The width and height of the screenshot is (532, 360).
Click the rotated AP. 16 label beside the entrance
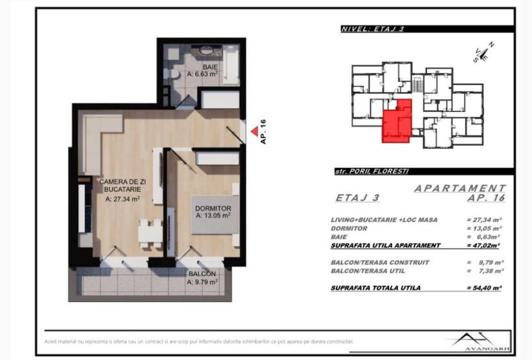coord(263,132)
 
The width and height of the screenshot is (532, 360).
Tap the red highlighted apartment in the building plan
coord(396,121)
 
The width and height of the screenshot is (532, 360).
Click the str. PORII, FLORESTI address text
coord(372,171)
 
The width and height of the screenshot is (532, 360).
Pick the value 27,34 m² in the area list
coord(484,219)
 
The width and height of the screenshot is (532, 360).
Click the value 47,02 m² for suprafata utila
coord(484,245)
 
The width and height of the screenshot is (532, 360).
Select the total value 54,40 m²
coord(484,288)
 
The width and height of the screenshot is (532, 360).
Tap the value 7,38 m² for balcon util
coord(484,271)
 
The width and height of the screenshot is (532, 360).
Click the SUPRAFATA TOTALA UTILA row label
coord(375,288)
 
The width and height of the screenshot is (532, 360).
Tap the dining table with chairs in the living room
coord(150,231)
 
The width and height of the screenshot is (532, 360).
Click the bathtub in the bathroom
coord(228,64)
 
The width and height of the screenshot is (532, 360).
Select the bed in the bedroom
coord(215,221)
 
